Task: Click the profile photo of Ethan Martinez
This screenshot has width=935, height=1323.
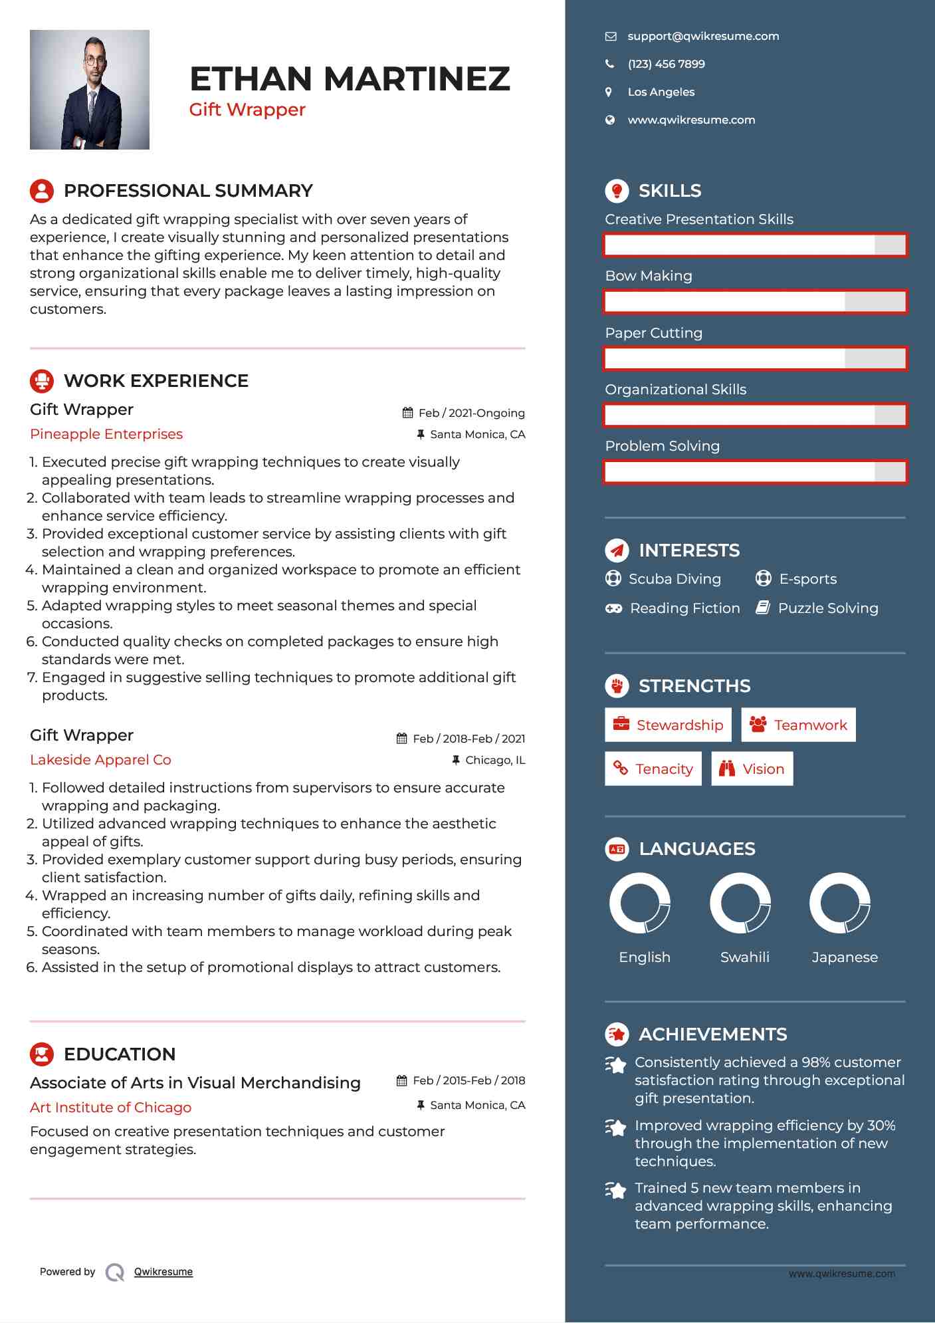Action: point(90,90)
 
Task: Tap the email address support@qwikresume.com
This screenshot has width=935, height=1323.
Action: point(703,37)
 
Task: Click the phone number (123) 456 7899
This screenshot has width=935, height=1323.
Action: point(666,64)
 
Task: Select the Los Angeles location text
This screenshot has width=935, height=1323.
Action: point(661,92)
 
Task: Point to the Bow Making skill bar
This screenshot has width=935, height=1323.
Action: point(755,302)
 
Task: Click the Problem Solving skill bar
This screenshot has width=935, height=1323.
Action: point(755,472)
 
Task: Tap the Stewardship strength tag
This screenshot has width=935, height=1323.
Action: point(668,725)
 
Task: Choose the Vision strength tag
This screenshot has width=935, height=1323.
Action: point(752,769)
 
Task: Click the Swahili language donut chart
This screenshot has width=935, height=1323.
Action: point(740,903)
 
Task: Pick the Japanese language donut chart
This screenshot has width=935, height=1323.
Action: point(840,903)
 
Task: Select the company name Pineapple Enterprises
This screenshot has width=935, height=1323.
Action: point(106,434)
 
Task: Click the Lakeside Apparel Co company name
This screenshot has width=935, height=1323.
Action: point(100,760)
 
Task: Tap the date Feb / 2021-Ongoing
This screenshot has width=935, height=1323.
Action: point(471,413)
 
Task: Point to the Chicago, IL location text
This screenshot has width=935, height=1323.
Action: point(494,760)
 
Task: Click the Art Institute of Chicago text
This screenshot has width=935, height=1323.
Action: point(110,1108)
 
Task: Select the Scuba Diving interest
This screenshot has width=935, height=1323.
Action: point(675,579)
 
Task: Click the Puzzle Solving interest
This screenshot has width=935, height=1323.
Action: point(827,608)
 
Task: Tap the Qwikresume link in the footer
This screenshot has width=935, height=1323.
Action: point(163,1272)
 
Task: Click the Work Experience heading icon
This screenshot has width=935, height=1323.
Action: point(42,381)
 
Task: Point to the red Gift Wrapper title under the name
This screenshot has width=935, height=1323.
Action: point(247,110)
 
